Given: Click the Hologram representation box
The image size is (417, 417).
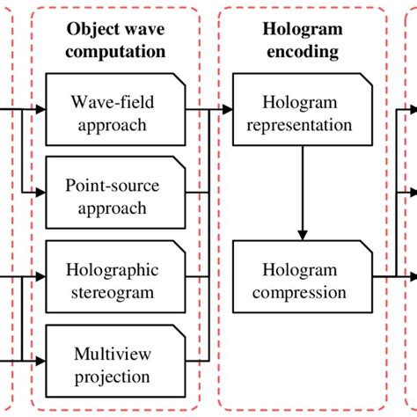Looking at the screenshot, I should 302,113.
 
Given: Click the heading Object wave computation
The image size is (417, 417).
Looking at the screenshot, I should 116,40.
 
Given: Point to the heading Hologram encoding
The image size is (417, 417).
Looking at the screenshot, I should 301,40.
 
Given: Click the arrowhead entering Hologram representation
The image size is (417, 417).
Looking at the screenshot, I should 227,110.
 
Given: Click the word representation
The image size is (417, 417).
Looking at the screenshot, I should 302,124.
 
